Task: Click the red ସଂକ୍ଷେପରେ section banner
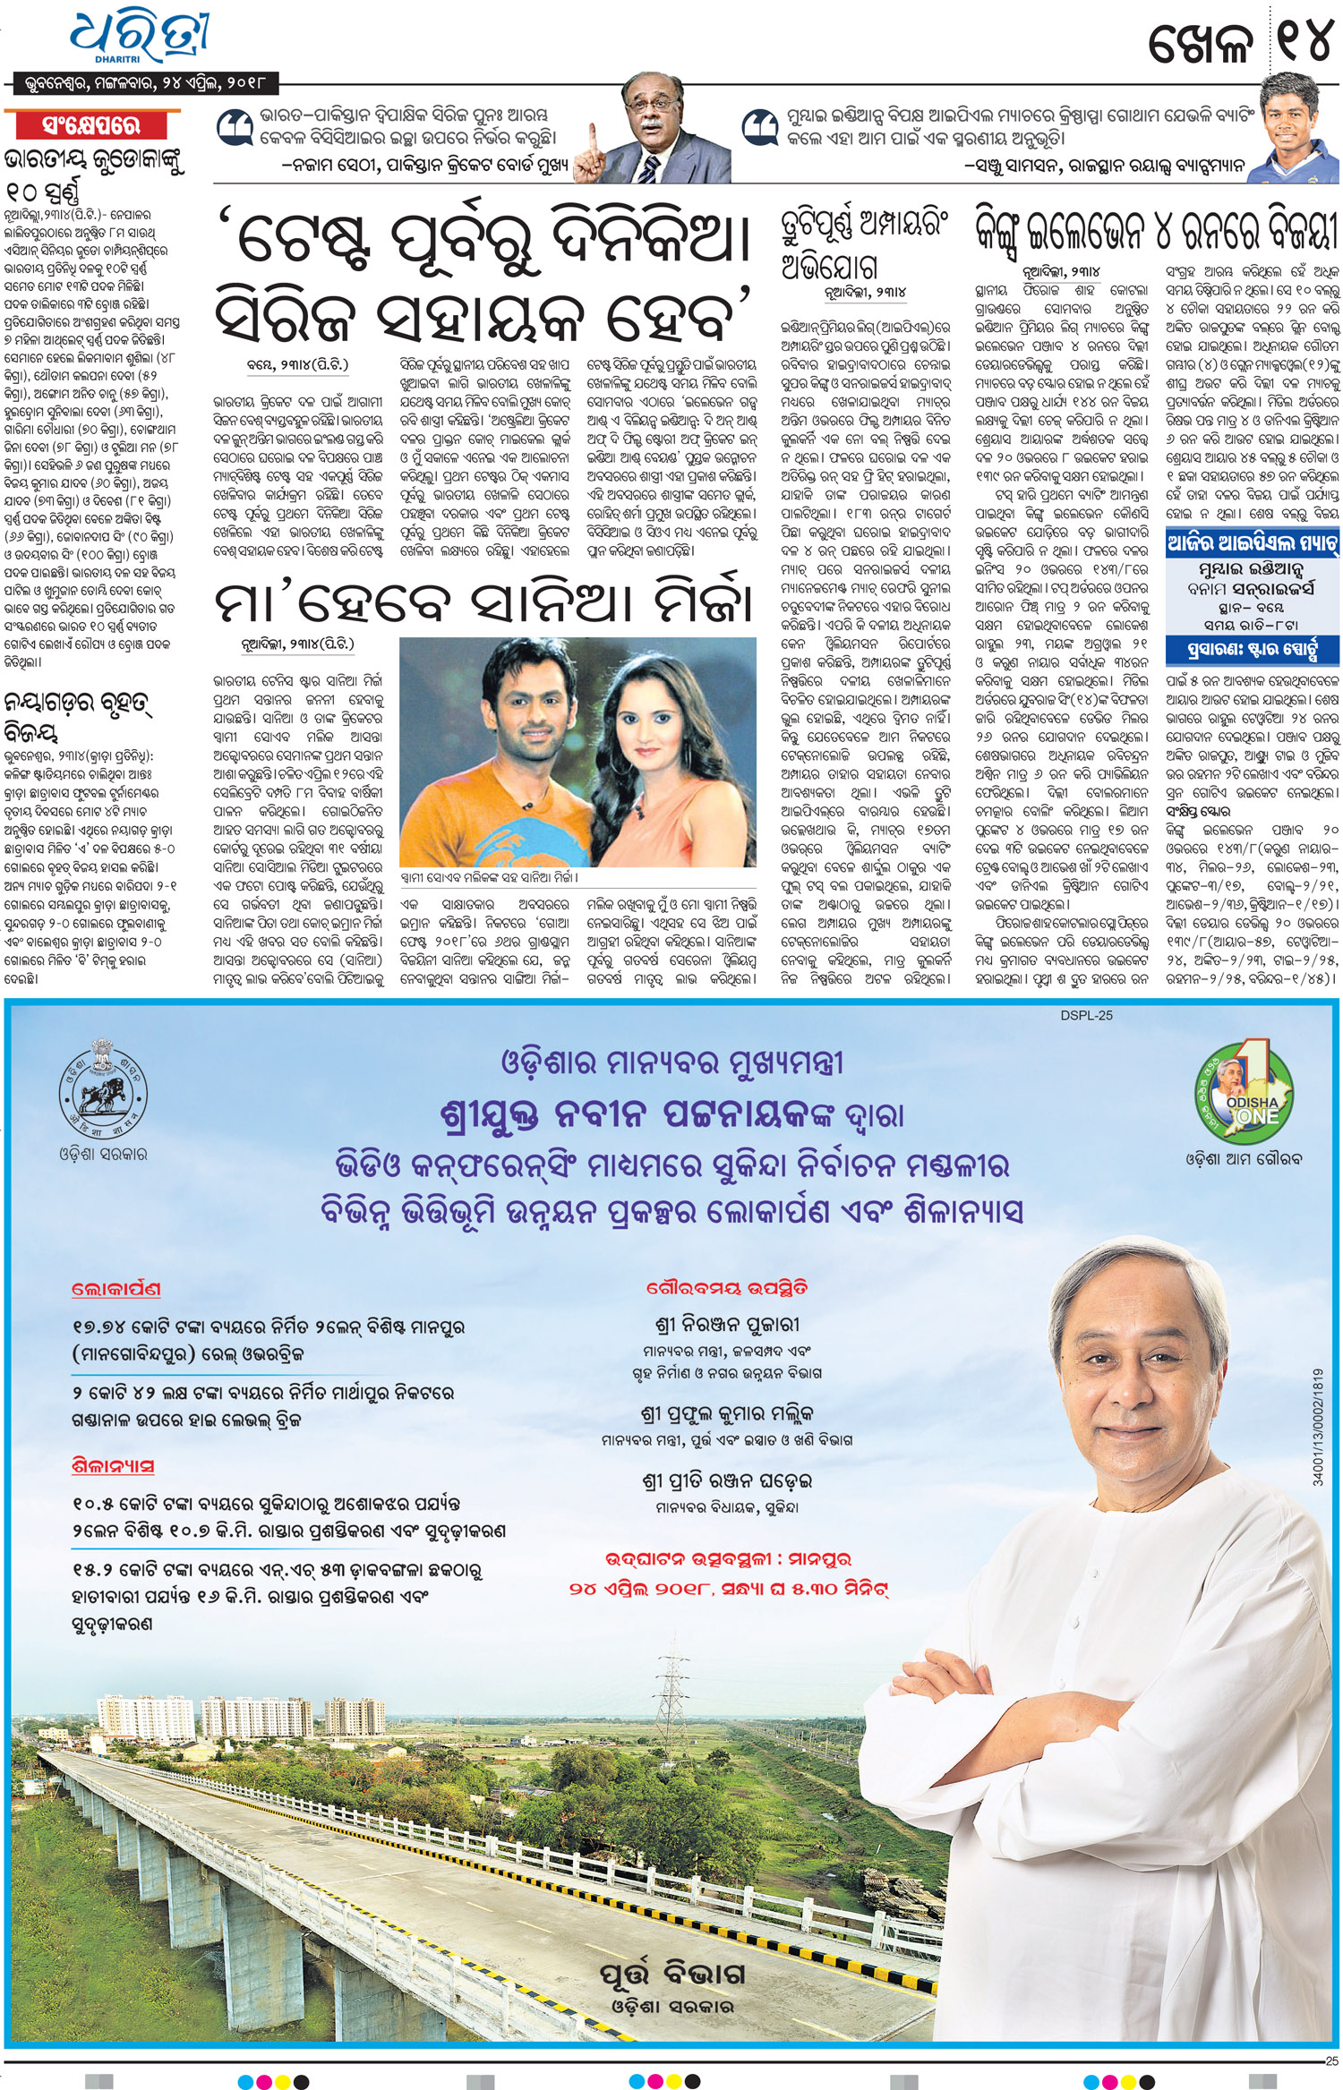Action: coord(92,125)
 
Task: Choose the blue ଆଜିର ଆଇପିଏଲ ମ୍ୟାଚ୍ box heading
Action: coord(1252,543)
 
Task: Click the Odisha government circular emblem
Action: coord(103,1088)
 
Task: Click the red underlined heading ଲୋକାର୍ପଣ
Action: coord(116,1290)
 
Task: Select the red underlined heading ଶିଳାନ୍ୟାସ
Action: coord(113,1466)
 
